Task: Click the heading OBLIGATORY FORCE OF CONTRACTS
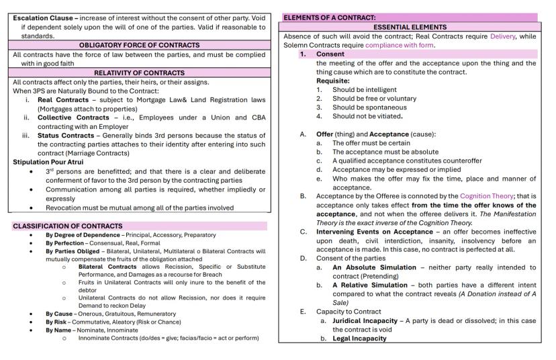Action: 139,45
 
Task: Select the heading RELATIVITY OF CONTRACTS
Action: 139,73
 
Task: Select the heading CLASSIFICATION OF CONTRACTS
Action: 68,226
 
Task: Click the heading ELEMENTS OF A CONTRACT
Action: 329,17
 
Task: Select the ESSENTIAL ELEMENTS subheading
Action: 410,27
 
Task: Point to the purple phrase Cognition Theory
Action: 485,197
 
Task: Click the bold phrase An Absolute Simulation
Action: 375,267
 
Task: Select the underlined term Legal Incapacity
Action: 360,339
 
